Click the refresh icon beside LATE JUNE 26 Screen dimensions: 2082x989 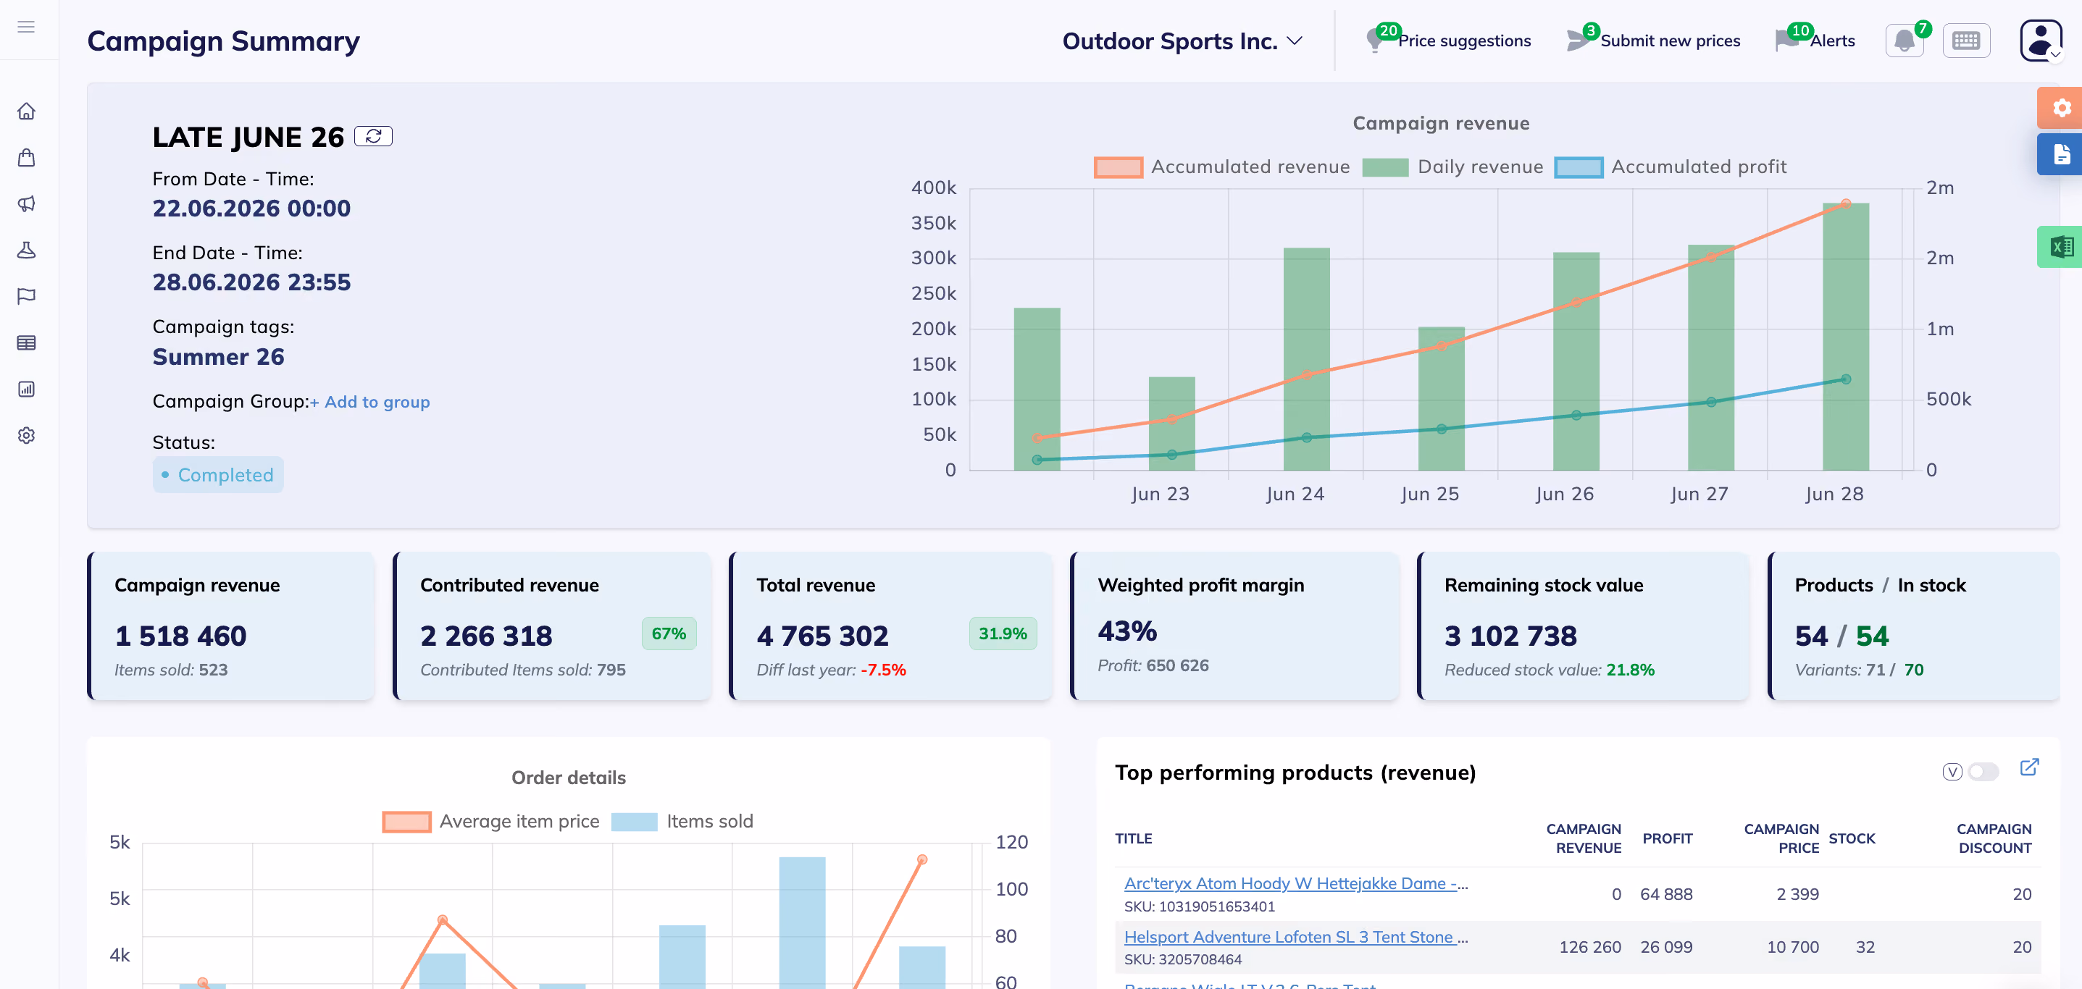click(x=373, y=137)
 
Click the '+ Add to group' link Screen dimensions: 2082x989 click(x=370, y=402)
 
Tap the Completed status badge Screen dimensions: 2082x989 click(x=218, y=475)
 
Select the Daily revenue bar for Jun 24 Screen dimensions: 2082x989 click(x=1306, y=359)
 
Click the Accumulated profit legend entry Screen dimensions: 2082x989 click(x=1671, y=167)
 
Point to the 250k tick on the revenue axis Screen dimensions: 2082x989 click(x=934, y=293)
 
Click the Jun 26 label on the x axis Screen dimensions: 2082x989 click(x=1565, y=494)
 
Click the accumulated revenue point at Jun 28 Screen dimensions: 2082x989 click(x=1846, y=203)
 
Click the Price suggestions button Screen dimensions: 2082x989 click(x=1448, y=41)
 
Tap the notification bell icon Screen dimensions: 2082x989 click(x=1905, y=41)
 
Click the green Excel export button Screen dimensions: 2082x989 click(x=2061, y=246)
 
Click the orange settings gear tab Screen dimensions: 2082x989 click(x=2061, y=107)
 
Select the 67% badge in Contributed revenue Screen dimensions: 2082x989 click(x=669, y=634)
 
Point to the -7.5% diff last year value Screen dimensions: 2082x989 click(x=882, y=670)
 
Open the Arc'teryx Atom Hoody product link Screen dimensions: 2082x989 click(x=1295, y=883)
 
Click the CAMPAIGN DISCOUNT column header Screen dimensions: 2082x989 click(x=1994, y=838)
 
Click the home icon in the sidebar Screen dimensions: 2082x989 click(x=27, y=111)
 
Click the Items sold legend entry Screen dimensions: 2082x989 click(x=682, y=821)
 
